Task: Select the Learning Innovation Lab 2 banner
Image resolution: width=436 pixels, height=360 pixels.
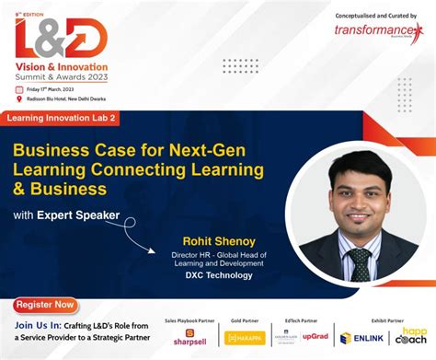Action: click(63, 119)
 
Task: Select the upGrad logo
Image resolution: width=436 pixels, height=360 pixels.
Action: click(316, 336)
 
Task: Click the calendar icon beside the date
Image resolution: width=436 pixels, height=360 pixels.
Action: click(19, 89)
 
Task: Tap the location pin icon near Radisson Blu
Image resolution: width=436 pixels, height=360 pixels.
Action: click(19, 99)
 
